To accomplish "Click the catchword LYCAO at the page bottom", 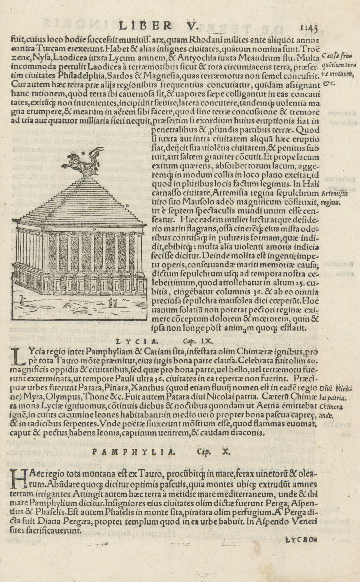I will pyautogui.click(x=300, y=540).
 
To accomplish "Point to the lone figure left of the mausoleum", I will pyautogui.click(x=23, y=300).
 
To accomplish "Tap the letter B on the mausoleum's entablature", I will pyautogui.click(x=94, y=230).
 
